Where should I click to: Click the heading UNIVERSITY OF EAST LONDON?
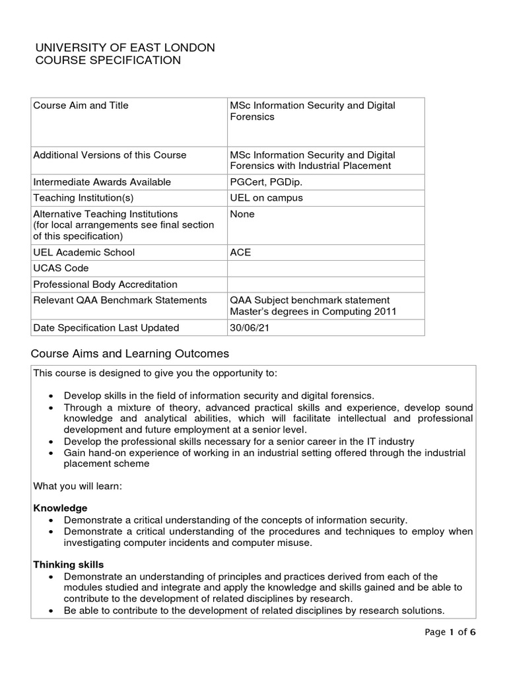coord(124,48)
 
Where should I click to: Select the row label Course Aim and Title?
coord(81,106)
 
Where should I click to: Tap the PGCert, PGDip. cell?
coord(261,182)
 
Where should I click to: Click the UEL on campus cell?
coord(262,198)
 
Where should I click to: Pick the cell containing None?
coord(242,215)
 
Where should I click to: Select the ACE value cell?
coord(240,252)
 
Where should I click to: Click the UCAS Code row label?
coord(61,269)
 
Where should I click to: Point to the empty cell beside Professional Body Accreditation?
coord(325,285)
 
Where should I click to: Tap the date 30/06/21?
coord(249,328)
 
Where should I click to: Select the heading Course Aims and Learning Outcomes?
coord(131,353)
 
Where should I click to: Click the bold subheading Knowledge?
coord(60,508)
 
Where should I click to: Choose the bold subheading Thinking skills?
coord(68,565)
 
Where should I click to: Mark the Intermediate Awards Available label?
coord(102,182)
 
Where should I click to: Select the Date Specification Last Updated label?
coord(106,328)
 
